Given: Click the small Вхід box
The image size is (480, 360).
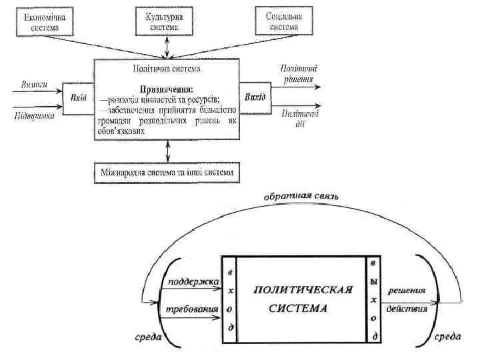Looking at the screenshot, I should (77, 97).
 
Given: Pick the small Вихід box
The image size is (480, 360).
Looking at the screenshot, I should (255, 97).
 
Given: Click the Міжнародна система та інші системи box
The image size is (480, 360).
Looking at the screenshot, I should (167, 173).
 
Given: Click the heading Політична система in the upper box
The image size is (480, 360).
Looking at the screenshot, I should (166, 68).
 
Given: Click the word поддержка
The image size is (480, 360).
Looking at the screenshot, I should (194, 283).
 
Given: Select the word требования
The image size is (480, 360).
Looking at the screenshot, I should (191, 309).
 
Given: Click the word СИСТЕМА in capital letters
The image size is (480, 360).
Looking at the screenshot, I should (298, 309).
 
